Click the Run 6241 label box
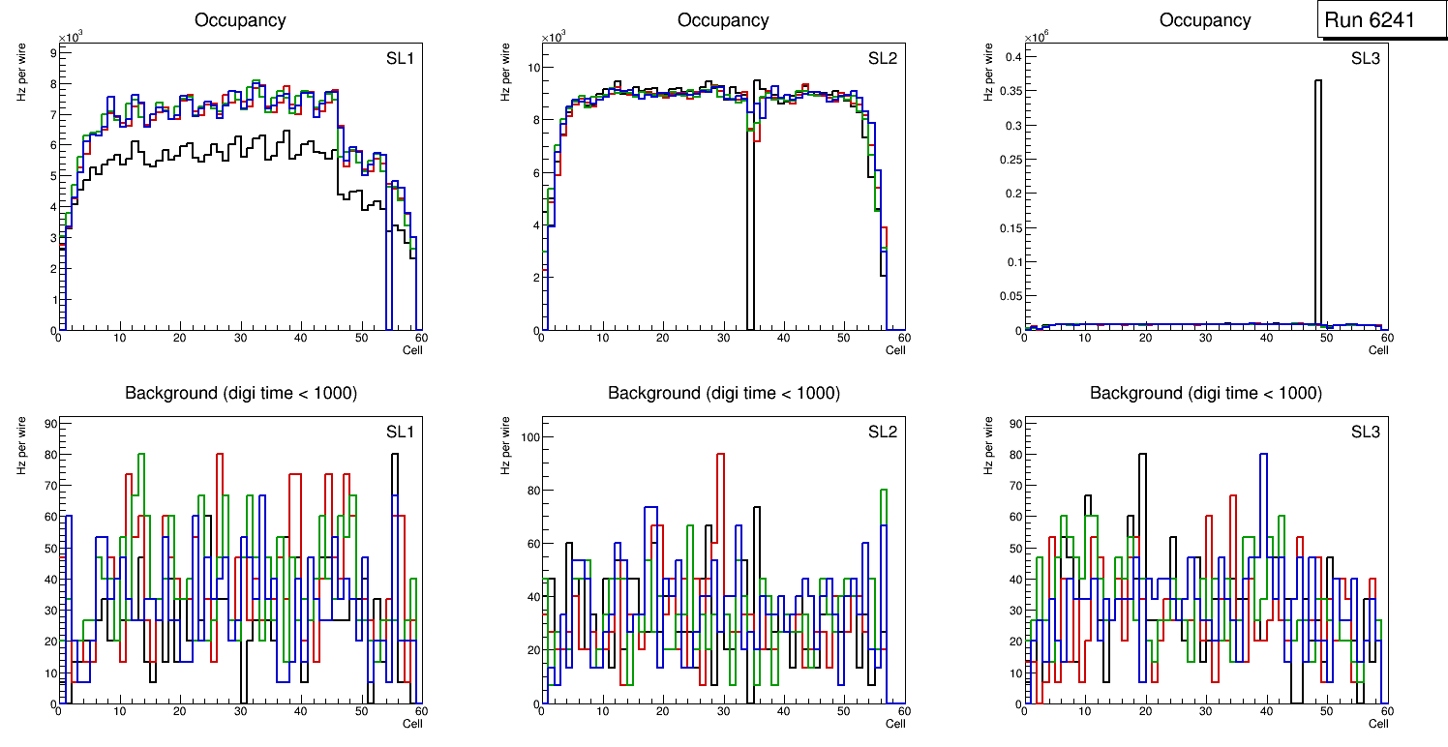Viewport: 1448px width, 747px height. pos(1378,20)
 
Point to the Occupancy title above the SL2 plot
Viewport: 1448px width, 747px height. pos(723,20)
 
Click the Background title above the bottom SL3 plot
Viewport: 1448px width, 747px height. pos(1205,393)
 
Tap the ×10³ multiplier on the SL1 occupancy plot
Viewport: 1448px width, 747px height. pos(71,38)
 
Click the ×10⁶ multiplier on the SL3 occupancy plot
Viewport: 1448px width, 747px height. pos(1037,38)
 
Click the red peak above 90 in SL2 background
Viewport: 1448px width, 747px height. pos(720,454)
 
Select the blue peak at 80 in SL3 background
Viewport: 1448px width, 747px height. pos(1263,454)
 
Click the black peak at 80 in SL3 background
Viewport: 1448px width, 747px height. pos(1142,454)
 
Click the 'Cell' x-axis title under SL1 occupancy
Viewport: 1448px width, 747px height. pos(412,349)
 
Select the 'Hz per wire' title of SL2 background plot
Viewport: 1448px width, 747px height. pos(504,445)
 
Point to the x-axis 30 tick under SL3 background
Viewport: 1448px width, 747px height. pos(1205,712)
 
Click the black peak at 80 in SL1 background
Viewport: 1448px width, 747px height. pos(395,454)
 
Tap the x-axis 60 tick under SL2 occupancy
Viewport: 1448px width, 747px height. pos(902,338)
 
